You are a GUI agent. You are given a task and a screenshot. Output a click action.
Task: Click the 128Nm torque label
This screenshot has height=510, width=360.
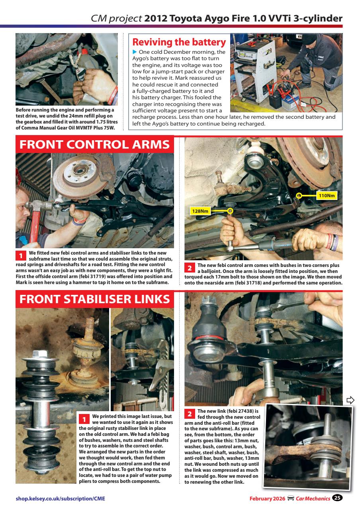tap(201, 211)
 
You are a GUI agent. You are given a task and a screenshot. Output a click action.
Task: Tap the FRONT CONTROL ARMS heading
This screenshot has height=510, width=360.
tap(95, 145)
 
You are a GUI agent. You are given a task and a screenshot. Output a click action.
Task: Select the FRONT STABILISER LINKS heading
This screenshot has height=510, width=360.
tap(95, 299)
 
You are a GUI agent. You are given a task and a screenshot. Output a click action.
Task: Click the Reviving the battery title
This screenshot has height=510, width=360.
tap(179, 42)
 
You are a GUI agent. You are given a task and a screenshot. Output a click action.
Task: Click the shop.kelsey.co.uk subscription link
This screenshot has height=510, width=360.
tap(61, 498)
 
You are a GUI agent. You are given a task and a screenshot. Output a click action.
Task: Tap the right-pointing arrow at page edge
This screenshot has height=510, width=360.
tap(350, 400)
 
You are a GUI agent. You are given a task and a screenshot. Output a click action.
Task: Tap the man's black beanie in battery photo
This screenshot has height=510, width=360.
tap(309, 39)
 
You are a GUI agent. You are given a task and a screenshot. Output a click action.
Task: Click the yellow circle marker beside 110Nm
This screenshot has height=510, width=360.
tap(299, 196)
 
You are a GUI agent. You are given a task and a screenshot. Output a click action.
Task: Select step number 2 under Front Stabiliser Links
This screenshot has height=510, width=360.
tap(190, 414)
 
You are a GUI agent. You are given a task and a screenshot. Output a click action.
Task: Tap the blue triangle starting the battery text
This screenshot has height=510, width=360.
tap(135, 52)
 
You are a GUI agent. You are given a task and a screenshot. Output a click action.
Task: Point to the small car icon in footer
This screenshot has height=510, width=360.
tap(291, 498)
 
